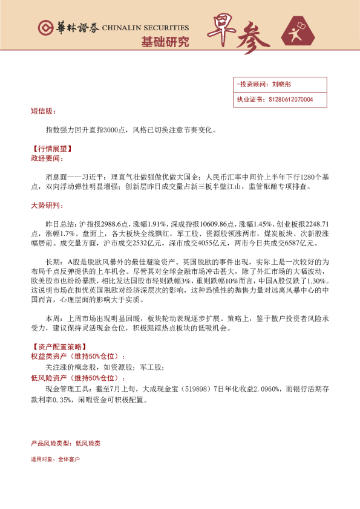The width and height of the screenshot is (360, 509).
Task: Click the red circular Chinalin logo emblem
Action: pos(45,28)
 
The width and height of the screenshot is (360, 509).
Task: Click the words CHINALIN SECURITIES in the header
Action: pos(145,28)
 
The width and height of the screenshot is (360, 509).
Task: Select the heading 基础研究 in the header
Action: pos(165,42)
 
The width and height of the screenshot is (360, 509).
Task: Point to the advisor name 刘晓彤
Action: pos(283,85)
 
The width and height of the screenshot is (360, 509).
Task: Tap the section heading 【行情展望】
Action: pos(50,149)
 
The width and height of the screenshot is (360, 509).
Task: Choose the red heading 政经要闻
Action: pos(46,157)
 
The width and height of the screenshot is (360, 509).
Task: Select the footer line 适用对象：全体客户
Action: pos(55,459)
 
